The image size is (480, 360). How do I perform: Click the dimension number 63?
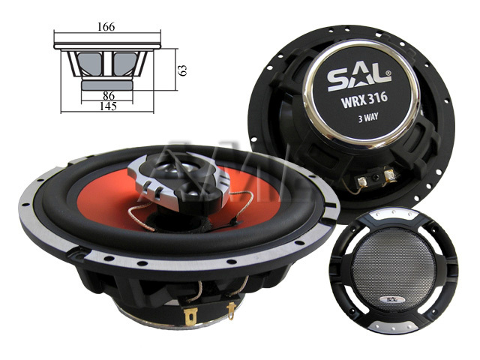pos(182,69)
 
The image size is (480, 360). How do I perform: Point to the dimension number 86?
pos(108,96)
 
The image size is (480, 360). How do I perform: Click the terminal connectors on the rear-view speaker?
pos(373,179)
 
